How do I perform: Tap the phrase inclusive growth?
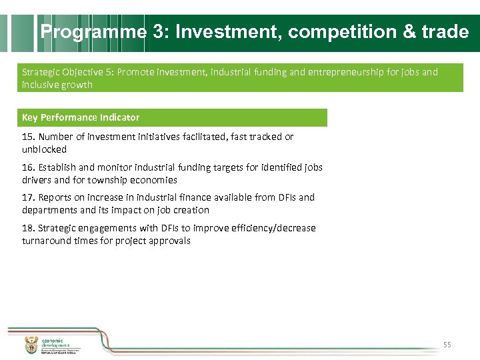click(x=57, y=85)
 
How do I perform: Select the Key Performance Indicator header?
click(x=81, y=117)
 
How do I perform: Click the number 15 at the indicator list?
click(x=27, y=137)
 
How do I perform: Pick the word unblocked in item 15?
click(x=44, y=149)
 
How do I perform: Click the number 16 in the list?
click(x=27, y=167)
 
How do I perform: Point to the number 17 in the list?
click(x=27, y=197)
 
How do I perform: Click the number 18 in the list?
click(x=27, y=228)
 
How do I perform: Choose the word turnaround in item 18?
click(x=47, y=241)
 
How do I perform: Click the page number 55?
click(x=447, y=345)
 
